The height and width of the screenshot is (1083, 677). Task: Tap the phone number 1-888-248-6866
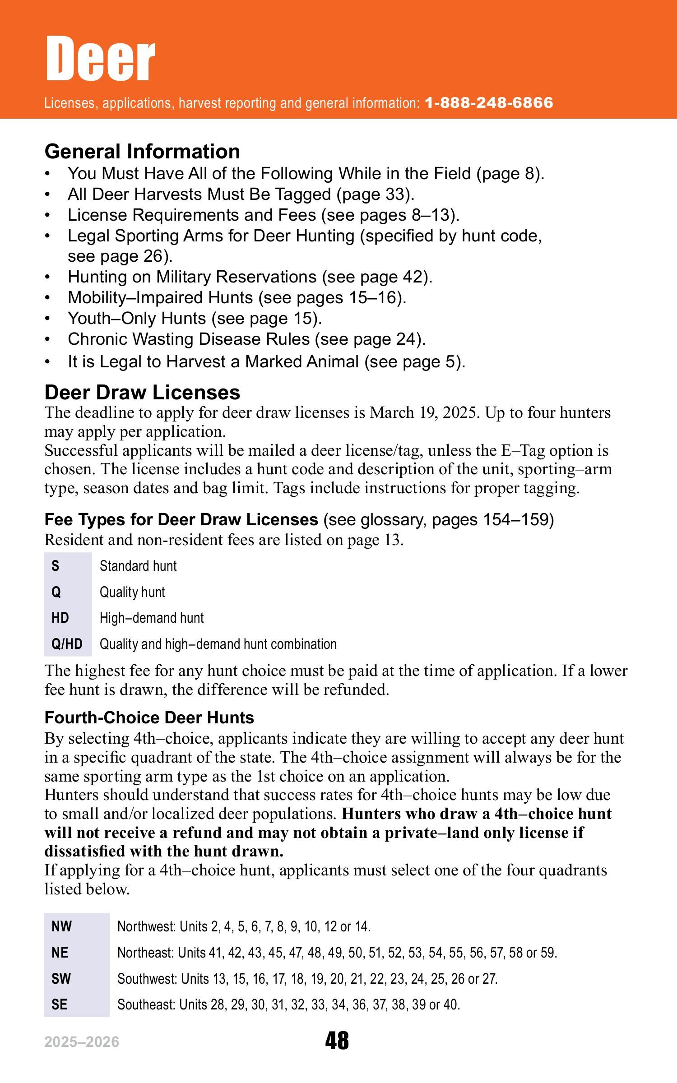pyautogui.click(x=489, y=103)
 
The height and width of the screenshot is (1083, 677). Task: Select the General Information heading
pyautogui.click(x=142, y=152)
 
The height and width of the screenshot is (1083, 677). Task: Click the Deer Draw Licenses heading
pyautogui.click(x=142, y=393)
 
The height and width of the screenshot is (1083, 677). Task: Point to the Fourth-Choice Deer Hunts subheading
pyautogui.click(x=149, y=717)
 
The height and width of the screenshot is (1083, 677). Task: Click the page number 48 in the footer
pyautogui.click(x=337, y=1041)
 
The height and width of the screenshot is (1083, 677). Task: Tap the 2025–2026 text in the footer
pyautogui.click(x=82, y=1042)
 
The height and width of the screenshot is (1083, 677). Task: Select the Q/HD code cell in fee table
pyautogui.click(x=67, y=643)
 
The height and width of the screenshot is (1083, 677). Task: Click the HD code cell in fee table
pyautogui.click(x=60, y=618)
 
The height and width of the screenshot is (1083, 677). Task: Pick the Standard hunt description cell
pyautogui.click(x=138, y=566)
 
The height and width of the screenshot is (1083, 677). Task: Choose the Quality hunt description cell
pyautogui.click(x=132, y=592)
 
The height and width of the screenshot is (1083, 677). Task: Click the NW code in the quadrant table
pyautogui.click(x=62, y=927)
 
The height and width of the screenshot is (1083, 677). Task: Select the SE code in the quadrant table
pyautogui.click(x=60, y=1004)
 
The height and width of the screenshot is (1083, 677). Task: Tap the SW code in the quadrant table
pyautogui.click(x=61, y=979)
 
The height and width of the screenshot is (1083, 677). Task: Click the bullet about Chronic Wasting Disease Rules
pyautogui.click(x=246, y=339)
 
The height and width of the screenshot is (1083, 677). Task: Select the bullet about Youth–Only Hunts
pyautogui.click(x=195, y=319)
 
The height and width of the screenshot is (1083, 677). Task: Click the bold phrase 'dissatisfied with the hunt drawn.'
pyautogui.click(x=164, y=851)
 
